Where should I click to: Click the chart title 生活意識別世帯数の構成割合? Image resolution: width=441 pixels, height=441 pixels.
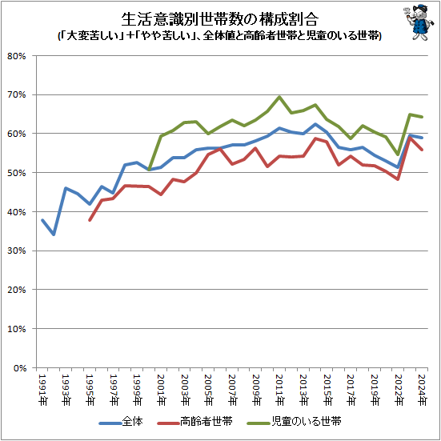click(217, 18)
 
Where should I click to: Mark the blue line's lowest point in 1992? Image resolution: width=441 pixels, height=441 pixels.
click(54, 235)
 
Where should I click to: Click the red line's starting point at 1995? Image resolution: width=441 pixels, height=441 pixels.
click(90, 220)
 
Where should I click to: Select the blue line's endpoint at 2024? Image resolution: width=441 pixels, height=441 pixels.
click(422, 138)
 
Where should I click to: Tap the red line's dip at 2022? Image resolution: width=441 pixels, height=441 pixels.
click(398, 179)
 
